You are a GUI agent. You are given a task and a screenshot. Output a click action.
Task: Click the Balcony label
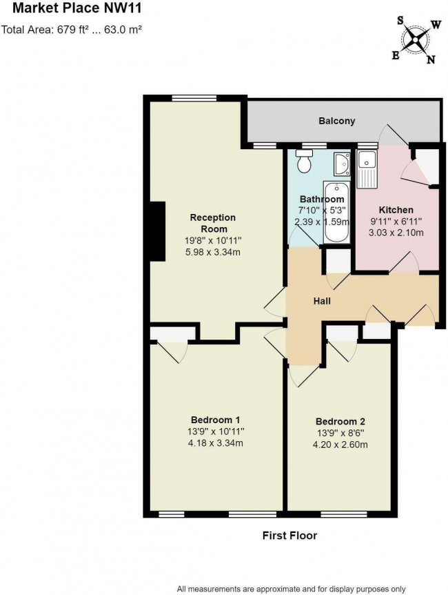337,121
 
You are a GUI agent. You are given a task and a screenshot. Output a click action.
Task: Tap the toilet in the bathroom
303,163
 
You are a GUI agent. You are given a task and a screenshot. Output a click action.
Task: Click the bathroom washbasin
341,164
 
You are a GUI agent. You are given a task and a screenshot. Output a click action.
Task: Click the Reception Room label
213,223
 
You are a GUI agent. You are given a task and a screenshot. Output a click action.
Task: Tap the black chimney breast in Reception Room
157,231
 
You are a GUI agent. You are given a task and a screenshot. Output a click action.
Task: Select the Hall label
321,302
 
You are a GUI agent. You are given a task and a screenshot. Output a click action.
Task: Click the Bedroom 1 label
215,420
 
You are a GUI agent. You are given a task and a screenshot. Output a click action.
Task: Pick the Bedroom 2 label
340,422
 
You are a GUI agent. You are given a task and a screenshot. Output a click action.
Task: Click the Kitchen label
396,210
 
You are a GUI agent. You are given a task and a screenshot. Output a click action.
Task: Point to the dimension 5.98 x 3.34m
213,252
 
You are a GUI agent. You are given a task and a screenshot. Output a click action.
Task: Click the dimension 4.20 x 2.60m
340,445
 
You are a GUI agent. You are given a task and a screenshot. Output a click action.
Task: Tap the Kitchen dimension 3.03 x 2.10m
396,233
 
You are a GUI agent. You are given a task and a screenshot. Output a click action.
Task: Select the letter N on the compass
431,60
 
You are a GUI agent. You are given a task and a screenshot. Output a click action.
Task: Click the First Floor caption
289,535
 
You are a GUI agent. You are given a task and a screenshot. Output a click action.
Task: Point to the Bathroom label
322,199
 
